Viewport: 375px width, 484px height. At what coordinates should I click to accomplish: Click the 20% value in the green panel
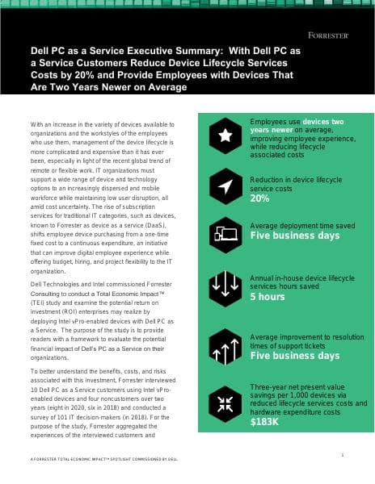pos(260,198)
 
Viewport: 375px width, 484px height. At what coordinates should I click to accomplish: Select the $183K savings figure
pos(266,421)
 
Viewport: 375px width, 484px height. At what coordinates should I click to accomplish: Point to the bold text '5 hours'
pos(268,297)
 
